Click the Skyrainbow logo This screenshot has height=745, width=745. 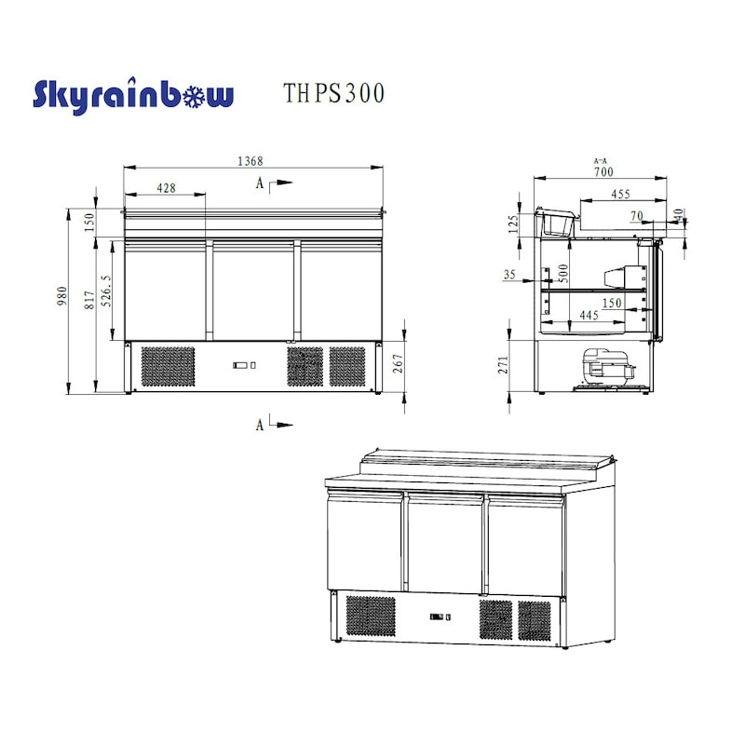pyautogui.click(x=133, y=96)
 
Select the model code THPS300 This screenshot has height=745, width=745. pyautogui.click(x=332, y=94)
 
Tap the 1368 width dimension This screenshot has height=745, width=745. pyautogui.click(x=250, y=161)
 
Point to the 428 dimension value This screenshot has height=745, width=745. pyautogui.click(x=166, y=187)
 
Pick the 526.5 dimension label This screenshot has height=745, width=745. pyautogui.click(x=107, y=291)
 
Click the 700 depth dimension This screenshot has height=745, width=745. pyautogui.click(x=603, y=171)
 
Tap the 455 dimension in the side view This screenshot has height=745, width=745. pyautogui.click(x=620, y=194)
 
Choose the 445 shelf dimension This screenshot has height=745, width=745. pyautogui.click(x=589, y=317)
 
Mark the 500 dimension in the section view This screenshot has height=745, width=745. pyautogui.click(x=562, y=273)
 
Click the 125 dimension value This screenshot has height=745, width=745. pyautogui.click(x=513, y=224)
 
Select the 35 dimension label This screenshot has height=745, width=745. pyautogui.click(x=508, y=275)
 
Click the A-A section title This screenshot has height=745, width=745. pyautogui.click(x=601, y=161)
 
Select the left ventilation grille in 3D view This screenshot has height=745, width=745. pyautogui.click(x=370, y=616)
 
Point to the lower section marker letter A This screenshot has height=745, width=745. pyautogui.click(x=260, y=425)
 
